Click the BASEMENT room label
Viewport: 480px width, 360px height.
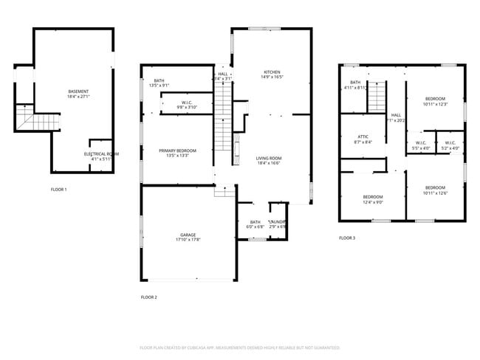(78, 91)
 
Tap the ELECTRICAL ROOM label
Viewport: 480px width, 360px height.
(101, 153)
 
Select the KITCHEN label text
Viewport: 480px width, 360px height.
(272, 72)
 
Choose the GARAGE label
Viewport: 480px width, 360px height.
(188, 235)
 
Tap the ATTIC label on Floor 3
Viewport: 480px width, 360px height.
(363, 136)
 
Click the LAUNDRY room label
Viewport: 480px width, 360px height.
(278, 222)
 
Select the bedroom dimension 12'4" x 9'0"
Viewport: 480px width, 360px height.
(373, 202)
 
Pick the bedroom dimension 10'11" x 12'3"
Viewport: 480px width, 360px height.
(435, 104)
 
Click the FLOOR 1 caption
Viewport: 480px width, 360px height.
(58, 190)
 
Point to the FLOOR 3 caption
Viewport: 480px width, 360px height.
(347, 238)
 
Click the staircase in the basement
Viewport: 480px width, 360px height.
(37, 122)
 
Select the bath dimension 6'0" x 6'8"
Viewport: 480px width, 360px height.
(256, 227)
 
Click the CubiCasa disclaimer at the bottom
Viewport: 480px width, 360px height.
(240, 347)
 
